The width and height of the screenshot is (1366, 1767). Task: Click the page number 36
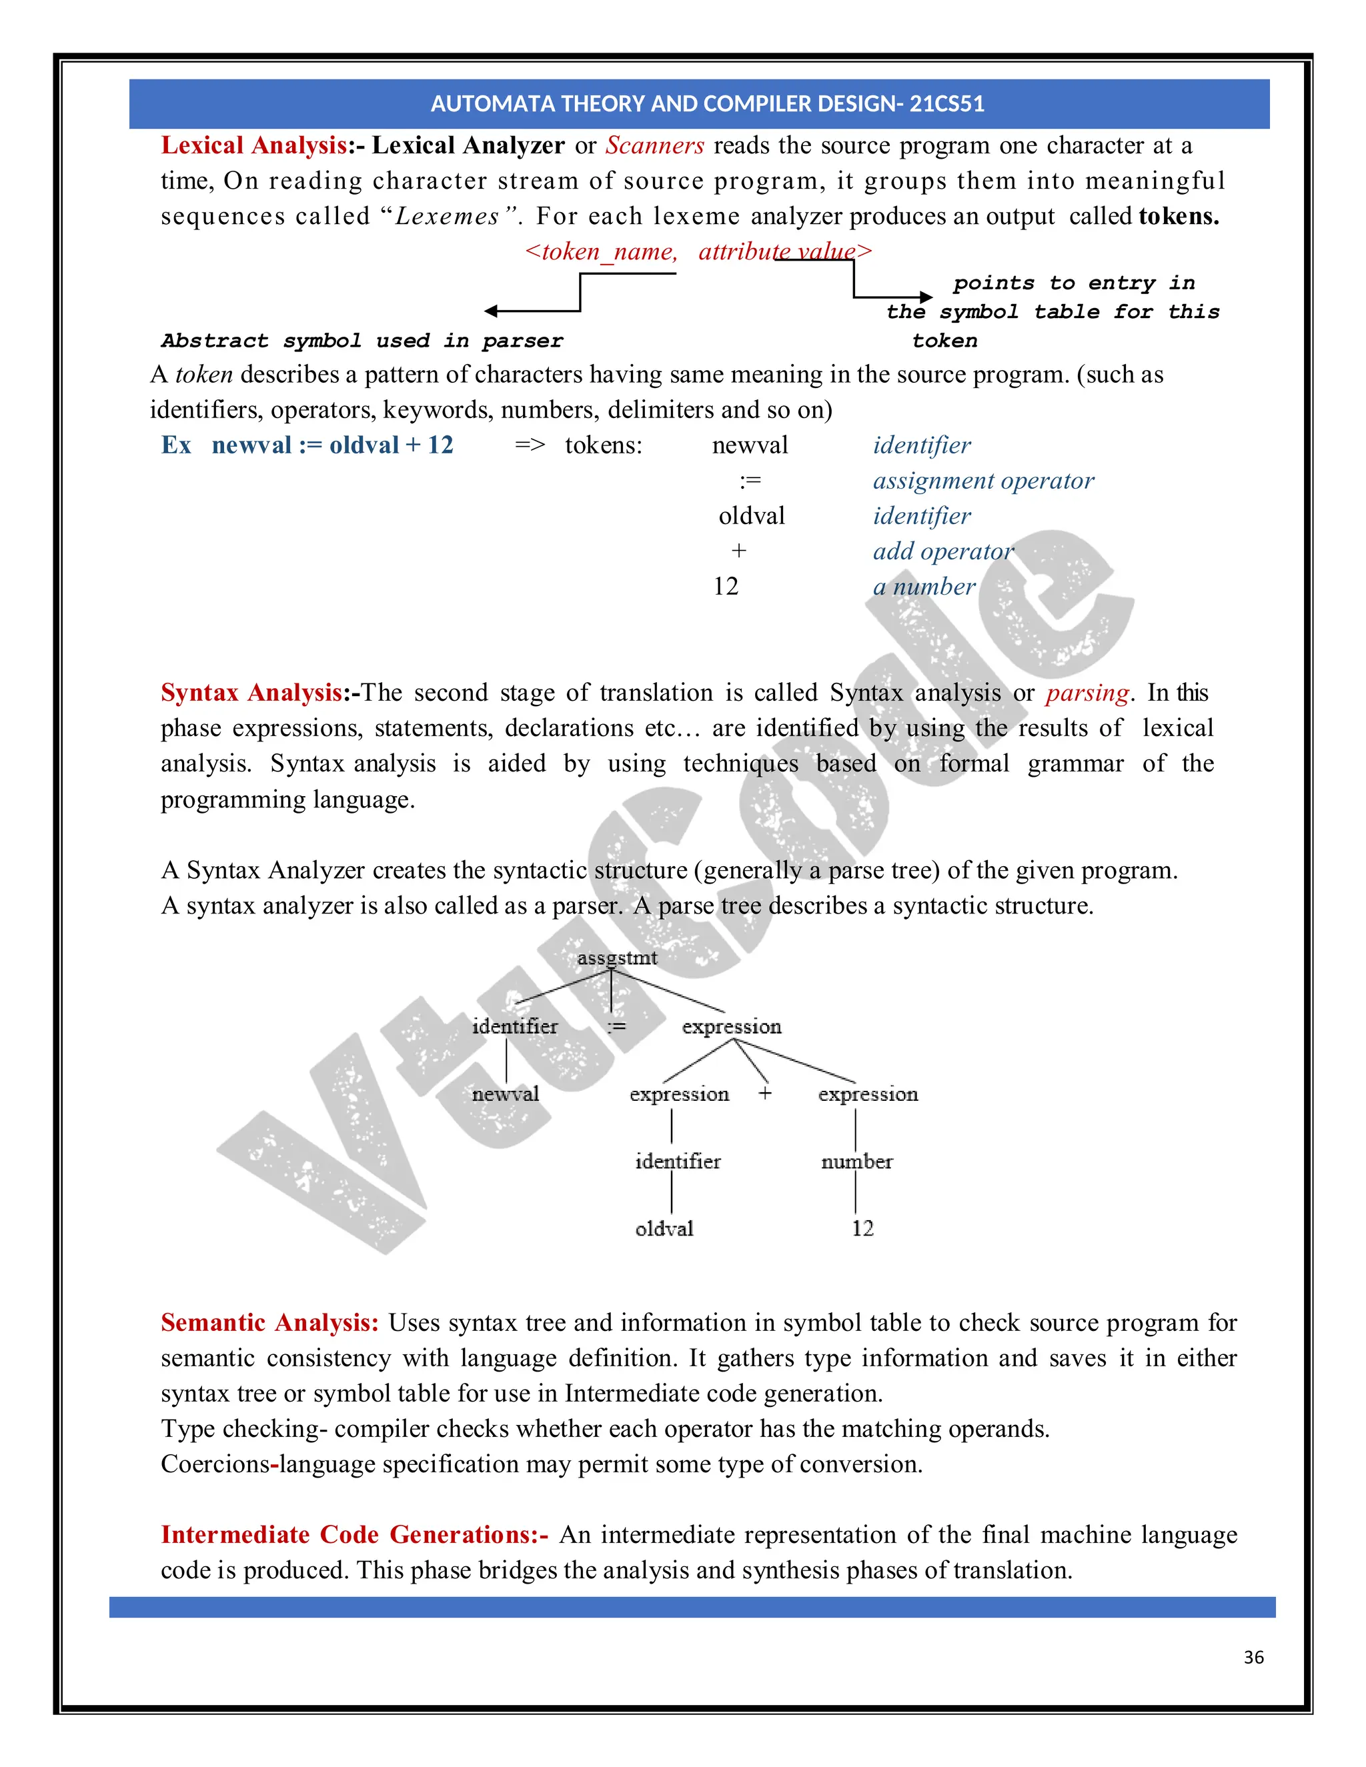coord(1253,1657)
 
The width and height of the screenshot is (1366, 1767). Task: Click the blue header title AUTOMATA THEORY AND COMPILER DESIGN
coord(706,103)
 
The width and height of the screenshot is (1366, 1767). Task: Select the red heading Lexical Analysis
coord(255,145)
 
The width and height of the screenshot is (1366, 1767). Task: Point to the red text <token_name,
coord(600,251)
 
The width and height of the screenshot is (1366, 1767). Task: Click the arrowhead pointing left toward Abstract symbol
coord(491,311)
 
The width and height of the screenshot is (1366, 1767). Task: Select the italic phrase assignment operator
coord(982,481)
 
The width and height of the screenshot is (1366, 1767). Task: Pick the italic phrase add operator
coord(942,551)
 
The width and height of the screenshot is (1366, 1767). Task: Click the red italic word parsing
coord(1087,693)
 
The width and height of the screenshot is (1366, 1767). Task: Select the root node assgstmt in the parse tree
coord(617,958)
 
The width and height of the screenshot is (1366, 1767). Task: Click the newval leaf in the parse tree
coord(505,1094)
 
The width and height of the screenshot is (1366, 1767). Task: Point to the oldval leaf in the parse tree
coord(664,1229)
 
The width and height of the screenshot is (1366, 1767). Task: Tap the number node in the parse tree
coord(856,1162)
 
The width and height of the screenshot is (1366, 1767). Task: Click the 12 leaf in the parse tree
coord(862,1228)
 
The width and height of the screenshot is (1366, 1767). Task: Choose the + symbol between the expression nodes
coord(765,1093)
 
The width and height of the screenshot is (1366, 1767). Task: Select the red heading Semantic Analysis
coord(269,1323)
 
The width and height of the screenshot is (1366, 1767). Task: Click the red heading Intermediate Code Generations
coord(354,1535)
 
